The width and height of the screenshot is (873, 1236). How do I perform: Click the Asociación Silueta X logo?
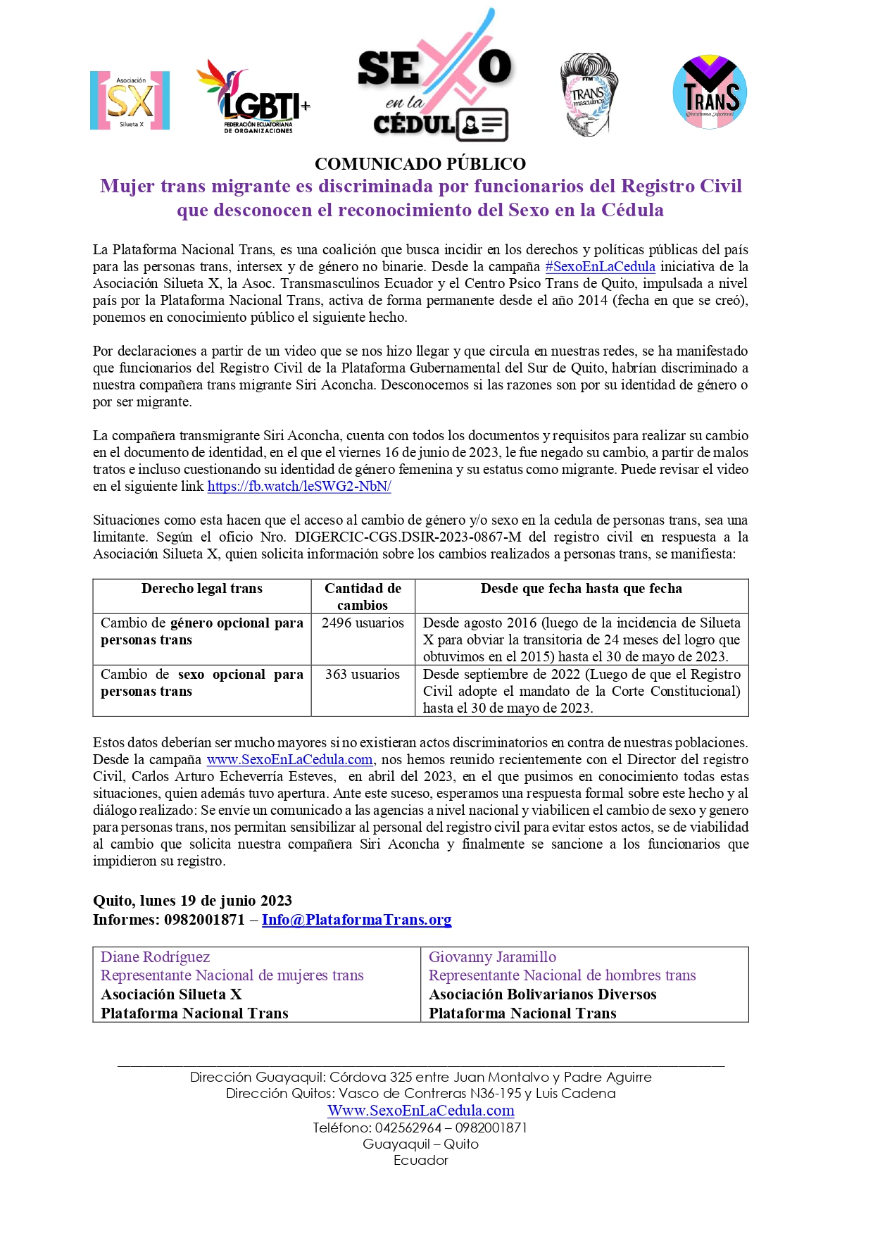coord(130,100)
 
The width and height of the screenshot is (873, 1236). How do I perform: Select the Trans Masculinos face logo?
coord(589,94)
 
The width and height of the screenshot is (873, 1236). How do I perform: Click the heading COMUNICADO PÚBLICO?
coord(420,164)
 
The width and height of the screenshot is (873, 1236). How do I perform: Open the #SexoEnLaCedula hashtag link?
coord(600,267)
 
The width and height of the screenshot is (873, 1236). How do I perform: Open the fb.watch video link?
coord(299,487)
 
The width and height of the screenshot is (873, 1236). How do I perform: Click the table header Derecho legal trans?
coord(201,589)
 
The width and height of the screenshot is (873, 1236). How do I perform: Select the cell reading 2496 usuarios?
coord(363,623)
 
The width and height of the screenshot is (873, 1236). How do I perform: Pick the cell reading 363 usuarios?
coord(363,675)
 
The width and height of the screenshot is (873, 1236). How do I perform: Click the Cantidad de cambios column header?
coord(363,597)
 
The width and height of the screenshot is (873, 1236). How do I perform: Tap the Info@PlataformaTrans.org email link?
coord(356,920)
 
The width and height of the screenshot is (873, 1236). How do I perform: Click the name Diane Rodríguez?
coord(156,957)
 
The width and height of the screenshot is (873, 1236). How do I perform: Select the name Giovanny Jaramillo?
coord(492,957)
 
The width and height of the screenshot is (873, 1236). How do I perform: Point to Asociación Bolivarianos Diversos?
coord(542,994)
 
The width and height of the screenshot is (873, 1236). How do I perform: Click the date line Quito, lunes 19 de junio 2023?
coord(192,901)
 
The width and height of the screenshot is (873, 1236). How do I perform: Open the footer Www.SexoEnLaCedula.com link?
coord(421,1111)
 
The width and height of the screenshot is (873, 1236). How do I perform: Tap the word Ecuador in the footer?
coord(421,1161)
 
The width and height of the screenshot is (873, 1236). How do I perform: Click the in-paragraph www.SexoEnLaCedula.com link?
coord(289,760)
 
